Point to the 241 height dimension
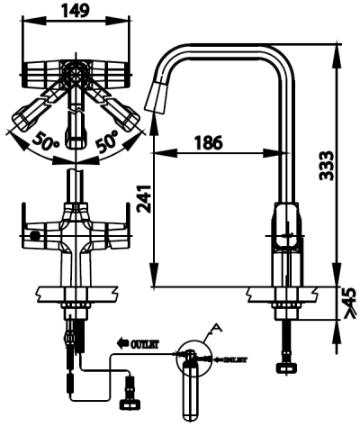pos(141,205)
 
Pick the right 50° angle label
pos(105,141)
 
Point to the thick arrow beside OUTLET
pos(121,343)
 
